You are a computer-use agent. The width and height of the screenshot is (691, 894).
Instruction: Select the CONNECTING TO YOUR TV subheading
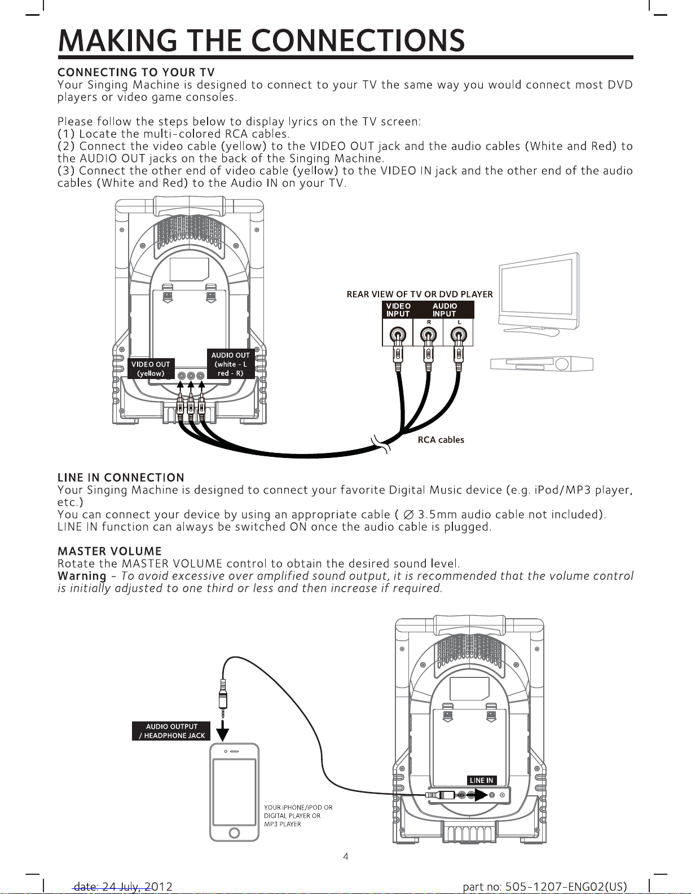[x=136, y=72]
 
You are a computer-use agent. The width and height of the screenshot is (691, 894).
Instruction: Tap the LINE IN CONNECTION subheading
[x=121, y=478]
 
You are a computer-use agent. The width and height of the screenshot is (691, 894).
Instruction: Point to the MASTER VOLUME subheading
[x=109, y=551]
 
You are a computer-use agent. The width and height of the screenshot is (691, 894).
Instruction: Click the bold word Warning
[x=82, y=576]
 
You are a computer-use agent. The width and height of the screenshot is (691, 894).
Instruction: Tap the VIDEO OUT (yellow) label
[x=151, y=369]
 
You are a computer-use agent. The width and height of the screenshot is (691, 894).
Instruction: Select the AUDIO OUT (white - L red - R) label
[x=230, y=364]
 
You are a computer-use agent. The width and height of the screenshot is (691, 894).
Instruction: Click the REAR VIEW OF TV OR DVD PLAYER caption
[x=419, y=294]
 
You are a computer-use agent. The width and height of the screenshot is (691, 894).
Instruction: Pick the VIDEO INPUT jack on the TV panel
[x=398, y=336]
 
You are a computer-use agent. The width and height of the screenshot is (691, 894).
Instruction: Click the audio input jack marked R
[x=428, y=336]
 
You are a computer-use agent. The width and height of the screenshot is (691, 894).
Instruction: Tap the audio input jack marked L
[x=459, y=336]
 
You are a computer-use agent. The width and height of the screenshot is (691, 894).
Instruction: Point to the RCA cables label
[x=441, y=440]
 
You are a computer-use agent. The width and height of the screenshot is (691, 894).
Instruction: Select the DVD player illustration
[x=542, y=363]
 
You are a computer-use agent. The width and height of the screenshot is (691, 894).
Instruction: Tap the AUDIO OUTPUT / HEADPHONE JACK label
[x=171, y=731]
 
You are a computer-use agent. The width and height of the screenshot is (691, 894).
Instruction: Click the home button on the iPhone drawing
[x=235, y=833]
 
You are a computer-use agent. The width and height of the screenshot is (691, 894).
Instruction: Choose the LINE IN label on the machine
[x=481, y=780]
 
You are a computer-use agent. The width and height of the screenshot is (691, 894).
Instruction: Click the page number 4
[x=346, y=856]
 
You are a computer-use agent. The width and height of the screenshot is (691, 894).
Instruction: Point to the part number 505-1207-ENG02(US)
[x=544, y=887]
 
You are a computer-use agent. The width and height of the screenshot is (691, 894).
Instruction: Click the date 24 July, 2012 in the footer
[x=123, y=887]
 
